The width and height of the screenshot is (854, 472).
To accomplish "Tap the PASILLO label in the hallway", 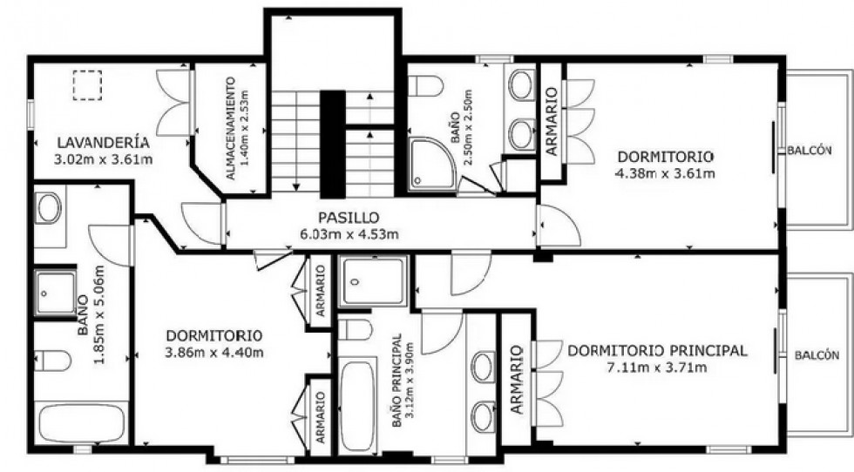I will pos(349,217).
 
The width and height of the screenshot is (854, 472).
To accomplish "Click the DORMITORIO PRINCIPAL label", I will pos(657,351).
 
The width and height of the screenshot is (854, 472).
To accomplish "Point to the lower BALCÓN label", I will pos(817,355).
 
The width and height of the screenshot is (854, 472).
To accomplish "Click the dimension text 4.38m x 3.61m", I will pos(666,172).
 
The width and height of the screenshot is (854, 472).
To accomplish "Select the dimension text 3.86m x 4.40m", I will pos(213,352).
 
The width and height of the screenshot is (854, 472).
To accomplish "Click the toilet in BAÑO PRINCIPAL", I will pos(354,330).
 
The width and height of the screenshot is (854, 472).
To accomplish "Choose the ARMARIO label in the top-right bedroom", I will pos(552,122).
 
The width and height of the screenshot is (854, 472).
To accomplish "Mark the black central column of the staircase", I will pos(332,143).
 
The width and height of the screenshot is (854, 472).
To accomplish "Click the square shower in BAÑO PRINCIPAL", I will pos(373,280).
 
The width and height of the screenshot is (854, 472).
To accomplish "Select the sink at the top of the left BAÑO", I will pos(49,208).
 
